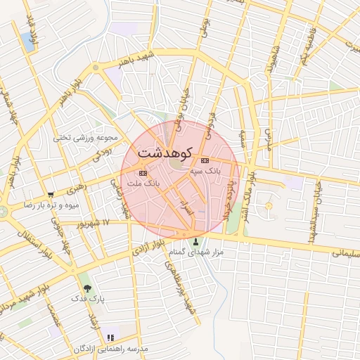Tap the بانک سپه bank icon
pos(205,160)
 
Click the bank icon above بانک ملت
pos(143,172)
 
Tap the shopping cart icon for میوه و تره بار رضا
pos(50,195)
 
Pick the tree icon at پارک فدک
pos(87,288)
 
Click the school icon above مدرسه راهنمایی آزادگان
pos(110,338)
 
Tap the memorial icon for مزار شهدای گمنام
pos(196,241)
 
